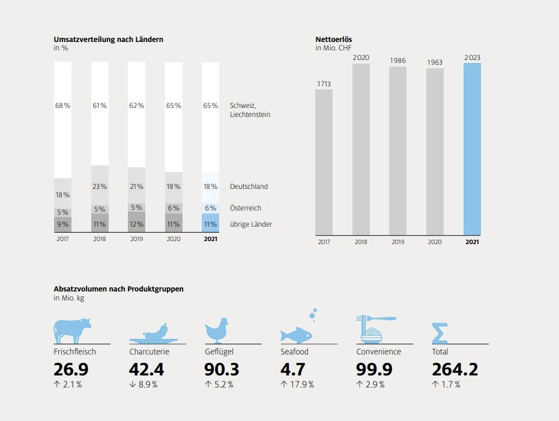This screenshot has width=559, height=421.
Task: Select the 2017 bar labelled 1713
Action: pyautogui.click(x=324, y=162)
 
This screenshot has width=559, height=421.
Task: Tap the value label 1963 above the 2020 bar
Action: pyautogui.click(x=435, y=62)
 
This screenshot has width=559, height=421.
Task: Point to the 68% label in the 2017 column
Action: pyautogui.click(x=63, y=106)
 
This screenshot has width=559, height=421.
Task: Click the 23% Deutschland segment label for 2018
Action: pyautogui.click(x=100, y=187)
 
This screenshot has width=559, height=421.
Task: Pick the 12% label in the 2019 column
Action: pyautogui.click(x=137, y=224)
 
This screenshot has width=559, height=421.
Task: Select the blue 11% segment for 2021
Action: pyautogui.click(x=211, y=223)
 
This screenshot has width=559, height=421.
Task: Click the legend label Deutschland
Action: pyautogui.click(x=249, y=187)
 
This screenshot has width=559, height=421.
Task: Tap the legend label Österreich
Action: pyautogui.click(x=246, y=208)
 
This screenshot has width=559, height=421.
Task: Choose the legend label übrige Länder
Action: pyautogui.click(x=251, y=224)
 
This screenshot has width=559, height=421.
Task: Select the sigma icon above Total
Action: pyautogui.click(x=440, y=333)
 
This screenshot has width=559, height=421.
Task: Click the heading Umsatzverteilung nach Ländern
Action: pyautogui.click(x=109, y=40)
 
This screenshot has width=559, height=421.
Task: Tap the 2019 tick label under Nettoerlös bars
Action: pyautogui.click(x=397, y=242)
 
